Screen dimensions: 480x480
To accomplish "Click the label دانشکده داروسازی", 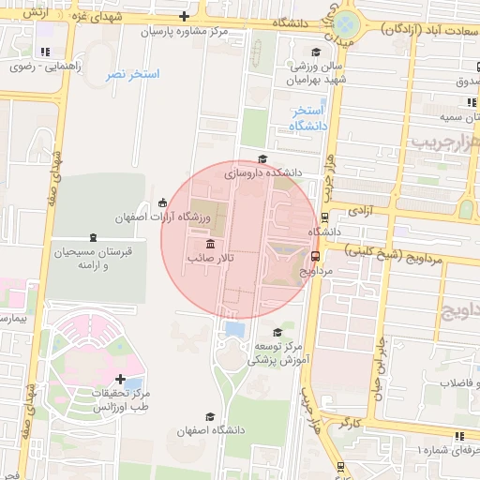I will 263,173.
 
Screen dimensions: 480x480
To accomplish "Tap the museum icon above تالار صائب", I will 208,243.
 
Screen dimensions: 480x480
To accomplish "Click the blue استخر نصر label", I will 132,73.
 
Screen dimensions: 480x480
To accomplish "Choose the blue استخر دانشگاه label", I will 308,119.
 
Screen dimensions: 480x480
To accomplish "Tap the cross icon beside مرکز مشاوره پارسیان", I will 184,18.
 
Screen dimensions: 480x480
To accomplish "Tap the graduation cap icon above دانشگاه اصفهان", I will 210,416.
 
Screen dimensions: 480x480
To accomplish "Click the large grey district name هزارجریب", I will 443,143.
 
